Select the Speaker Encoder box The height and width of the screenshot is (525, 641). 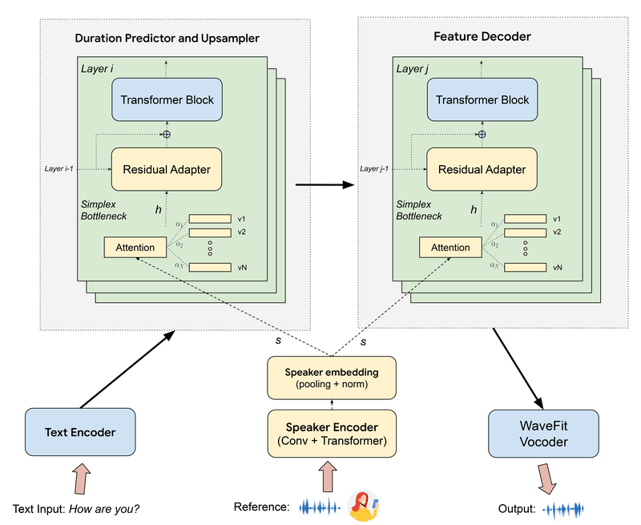click(332, 433)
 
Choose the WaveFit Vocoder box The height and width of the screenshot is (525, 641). click(543, 433)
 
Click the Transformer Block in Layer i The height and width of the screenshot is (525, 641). click(167, 99)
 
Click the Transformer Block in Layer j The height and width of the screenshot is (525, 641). click(482, 99)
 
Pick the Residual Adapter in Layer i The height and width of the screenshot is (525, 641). click(167, 169)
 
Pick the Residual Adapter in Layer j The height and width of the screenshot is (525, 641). click(482, 169)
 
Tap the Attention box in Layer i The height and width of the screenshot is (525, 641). click(135, 248)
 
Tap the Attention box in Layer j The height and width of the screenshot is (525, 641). click(450, 248)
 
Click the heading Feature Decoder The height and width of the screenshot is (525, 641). click(482, 37)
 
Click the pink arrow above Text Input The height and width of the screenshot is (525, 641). click(83, 480)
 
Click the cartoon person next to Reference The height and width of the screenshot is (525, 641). click(365, 506)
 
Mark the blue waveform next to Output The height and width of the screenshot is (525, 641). click(564, 509)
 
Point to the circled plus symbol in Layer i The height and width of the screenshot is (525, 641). click(167, 134)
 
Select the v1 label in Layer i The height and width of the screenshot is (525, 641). click(242, 219)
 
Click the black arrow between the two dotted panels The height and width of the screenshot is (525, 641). click(325, 185)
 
